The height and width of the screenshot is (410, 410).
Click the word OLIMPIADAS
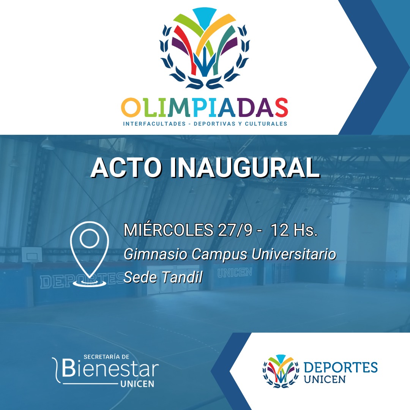pyautogui.click(x=204, y=107)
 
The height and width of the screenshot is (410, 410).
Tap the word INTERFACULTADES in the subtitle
pyautogui.click(x=154, y=124)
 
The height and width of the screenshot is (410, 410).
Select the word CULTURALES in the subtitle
pyautogui.click(x=266, y=124)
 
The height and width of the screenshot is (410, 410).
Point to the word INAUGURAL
pyautogui.click(x=245, y=168)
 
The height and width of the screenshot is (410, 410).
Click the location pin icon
pyautogui.click(x=90, y=254)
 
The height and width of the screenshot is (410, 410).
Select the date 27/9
pyautogui.click(x=235, y=230)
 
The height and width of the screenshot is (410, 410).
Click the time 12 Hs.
pyautogui.click(x=294, y=230)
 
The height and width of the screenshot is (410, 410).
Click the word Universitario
pyautogui.click(x=293, y=254)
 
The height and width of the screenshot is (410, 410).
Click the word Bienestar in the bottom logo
pyautogui.click(x=110, y=369)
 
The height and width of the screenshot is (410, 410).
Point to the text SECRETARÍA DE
pyautogui.click(x=106, y=356)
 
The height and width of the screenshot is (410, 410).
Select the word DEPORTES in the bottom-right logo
pyautogui.click(x=341, y=367)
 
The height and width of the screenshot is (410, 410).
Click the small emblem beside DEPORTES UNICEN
pyautogui.click(x=281, y=371)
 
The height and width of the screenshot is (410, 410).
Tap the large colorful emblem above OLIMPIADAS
pyautogui.click(x=205, y=48)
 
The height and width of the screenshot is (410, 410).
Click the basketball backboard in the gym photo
pyautogui.click(x=32, y=254)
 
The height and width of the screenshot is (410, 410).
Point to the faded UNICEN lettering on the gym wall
pyautogui.click(x=235, y=273)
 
